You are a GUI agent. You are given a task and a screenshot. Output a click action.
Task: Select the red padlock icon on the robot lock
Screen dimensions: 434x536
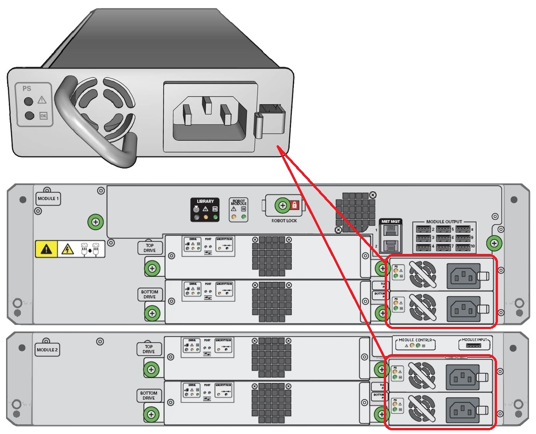294,205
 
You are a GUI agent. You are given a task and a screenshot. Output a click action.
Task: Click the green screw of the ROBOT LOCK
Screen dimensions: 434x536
281,205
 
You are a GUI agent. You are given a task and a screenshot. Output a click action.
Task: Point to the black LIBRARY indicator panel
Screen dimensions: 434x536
205,210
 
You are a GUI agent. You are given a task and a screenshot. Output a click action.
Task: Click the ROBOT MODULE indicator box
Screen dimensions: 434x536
239,210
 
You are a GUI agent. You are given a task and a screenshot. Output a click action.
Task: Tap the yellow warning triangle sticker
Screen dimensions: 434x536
46,250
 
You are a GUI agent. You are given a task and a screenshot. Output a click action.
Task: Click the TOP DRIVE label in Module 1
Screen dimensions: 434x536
150,248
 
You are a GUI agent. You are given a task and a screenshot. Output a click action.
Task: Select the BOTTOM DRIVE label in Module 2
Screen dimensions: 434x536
149,395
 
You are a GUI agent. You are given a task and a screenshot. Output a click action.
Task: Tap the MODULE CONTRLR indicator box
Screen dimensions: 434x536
415,343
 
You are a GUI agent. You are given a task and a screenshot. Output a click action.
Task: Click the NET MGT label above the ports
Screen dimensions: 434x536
388,221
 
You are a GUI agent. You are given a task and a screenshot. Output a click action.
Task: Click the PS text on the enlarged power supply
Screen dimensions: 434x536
27,87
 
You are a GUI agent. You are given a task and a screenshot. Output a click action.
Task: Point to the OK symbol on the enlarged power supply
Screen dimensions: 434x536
44,116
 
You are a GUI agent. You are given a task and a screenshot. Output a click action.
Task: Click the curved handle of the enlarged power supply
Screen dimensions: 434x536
88,130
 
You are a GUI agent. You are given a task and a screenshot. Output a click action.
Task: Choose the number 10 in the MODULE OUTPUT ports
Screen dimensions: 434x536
473,246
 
